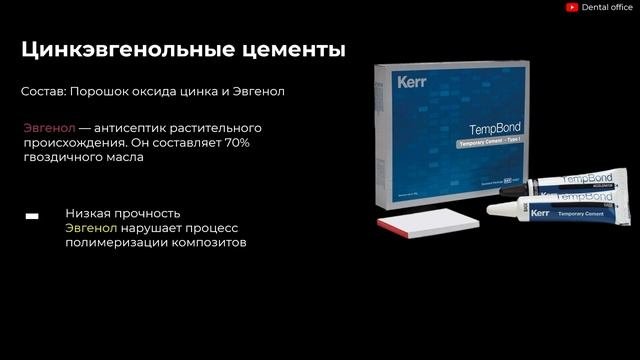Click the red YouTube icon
click(572, 7)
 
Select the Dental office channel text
click(608, 7)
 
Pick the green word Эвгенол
click(90, 228)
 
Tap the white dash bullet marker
click(32, 216)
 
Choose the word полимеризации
click(111, 243)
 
